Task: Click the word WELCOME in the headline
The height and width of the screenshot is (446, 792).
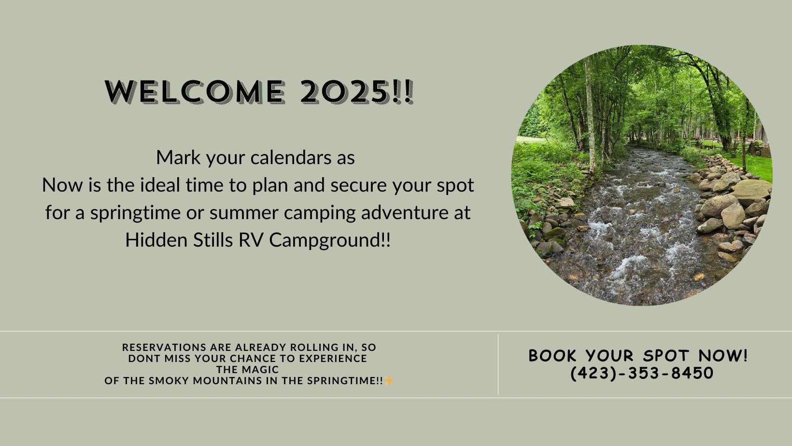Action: coord(195,92)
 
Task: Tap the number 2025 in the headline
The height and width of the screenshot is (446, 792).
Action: coord(343,92)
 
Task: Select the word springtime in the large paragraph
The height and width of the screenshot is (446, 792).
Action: coord(135,213)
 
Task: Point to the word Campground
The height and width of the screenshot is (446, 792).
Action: coord(329,240)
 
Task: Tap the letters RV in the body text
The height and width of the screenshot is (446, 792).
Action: coord(251,240)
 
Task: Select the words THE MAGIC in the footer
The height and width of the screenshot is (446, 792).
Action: coord(247,370)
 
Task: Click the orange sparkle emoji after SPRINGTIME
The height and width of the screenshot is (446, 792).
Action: coord(389,381)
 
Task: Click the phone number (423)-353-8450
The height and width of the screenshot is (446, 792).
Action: coord(642,373)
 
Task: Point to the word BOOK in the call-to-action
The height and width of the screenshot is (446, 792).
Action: coord(552,356)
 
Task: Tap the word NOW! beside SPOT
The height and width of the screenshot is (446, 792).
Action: coord(723,356)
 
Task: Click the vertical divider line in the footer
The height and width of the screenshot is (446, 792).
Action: coord(498,364)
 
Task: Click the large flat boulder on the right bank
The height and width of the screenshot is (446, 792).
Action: coord(750,190)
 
